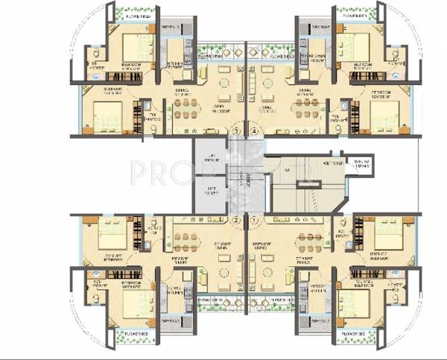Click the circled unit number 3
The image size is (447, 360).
click(x=237, y=130)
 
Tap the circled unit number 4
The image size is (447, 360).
click(x=255, y=130)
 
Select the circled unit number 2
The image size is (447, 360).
click(x=237, y=221)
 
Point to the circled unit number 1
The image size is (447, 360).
click(x=255, y=221)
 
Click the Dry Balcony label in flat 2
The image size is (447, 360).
click(x=170, y=321)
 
